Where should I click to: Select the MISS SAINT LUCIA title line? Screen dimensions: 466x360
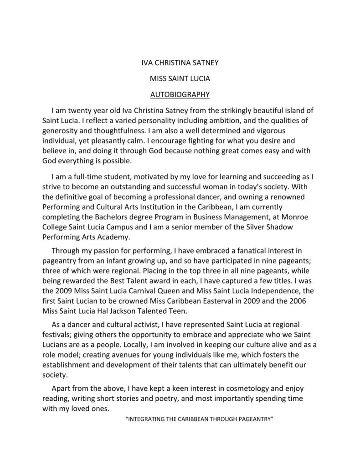180,78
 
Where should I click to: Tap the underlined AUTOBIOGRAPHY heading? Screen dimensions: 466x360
180,95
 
